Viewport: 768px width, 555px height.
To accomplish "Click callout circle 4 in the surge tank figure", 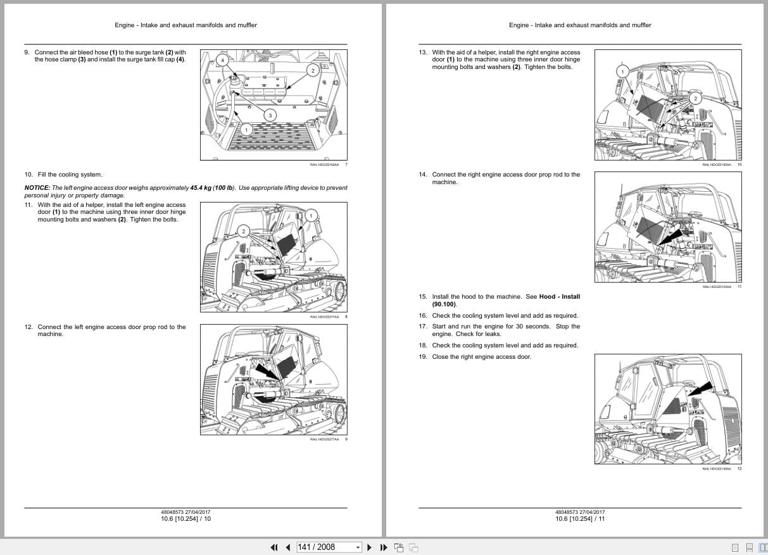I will click(x=222, y=60).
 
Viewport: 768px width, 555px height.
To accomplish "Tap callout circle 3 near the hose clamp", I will click(x=270, y=115).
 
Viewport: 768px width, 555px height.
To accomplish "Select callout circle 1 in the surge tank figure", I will click(x=246, y=129).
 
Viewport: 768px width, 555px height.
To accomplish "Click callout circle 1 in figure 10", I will click(x=622, y=72).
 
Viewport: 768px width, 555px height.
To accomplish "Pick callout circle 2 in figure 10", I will click(x=695, y=98).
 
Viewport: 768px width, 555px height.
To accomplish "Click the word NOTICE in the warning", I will click(x=37, y=188).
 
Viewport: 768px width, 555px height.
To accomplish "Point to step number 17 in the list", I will click(x=422, y=327).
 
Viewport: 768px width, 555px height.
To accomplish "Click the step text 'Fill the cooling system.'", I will click(x=70, y=175).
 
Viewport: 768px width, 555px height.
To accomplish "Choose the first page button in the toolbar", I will click(x=274, y=547).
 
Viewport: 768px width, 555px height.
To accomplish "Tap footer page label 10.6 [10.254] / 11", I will click(x=580, y=519).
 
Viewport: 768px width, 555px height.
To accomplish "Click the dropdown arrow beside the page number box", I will click(x=358, y=547).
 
